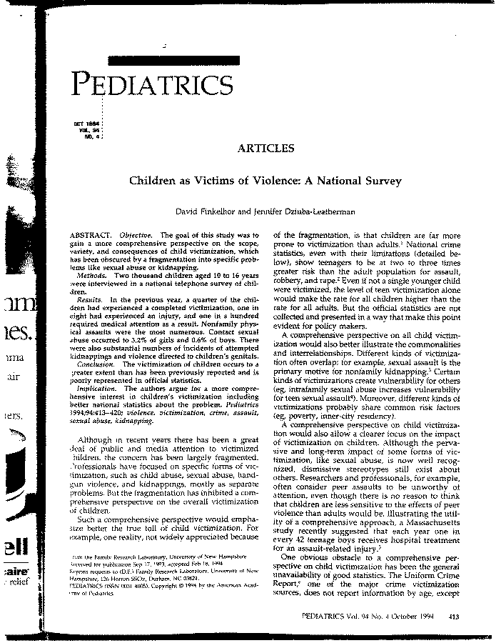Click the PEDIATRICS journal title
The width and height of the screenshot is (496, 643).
coord(153,85)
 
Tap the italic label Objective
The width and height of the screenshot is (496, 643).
coord(135,235)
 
